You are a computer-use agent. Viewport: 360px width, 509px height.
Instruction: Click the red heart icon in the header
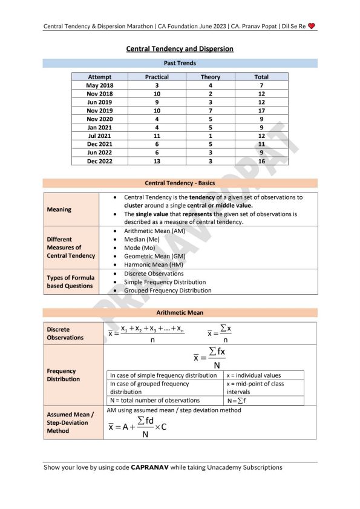(x=312, y=26)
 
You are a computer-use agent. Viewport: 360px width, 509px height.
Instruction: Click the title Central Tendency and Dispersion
(x=180, y=48)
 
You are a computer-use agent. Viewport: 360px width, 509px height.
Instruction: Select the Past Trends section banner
(x=180, y=63)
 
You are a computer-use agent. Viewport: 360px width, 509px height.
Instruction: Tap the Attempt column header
(x=100, y=77)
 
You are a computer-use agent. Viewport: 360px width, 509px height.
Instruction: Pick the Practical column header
(x=157, y=77)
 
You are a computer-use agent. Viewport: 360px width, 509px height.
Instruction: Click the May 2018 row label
(x=100, y=85)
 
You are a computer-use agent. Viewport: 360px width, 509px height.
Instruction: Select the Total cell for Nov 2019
(x=261, y=111)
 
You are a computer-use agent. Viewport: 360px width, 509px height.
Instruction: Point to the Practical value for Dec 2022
(x=157, y=162)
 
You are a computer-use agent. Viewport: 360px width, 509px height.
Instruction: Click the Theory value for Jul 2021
(x=210, y=136)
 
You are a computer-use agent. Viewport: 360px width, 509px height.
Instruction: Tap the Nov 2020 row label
(x=100, y=119)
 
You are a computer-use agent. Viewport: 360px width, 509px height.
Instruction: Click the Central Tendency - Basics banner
(x=180, y=183)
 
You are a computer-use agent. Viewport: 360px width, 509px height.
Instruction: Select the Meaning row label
(x=59, y=209)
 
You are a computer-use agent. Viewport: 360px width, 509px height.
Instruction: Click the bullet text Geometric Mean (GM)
(x=152, y=256)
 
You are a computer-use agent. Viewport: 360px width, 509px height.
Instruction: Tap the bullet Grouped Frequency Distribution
(x=168, y=291)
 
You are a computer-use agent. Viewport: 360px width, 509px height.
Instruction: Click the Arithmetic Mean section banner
(x=180, y=312)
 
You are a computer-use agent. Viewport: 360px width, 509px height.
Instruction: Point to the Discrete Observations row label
(x=65, y=333)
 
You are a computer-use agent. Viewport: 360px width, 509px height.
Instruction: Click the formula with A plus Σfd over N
(x=137, y=427)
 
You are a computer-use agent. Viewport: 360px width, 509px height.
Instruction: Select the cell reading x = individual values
(x=254, y=375)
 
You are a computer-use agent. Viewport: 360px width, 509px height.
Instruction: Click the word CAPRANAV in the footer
(x=154, y=467)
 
